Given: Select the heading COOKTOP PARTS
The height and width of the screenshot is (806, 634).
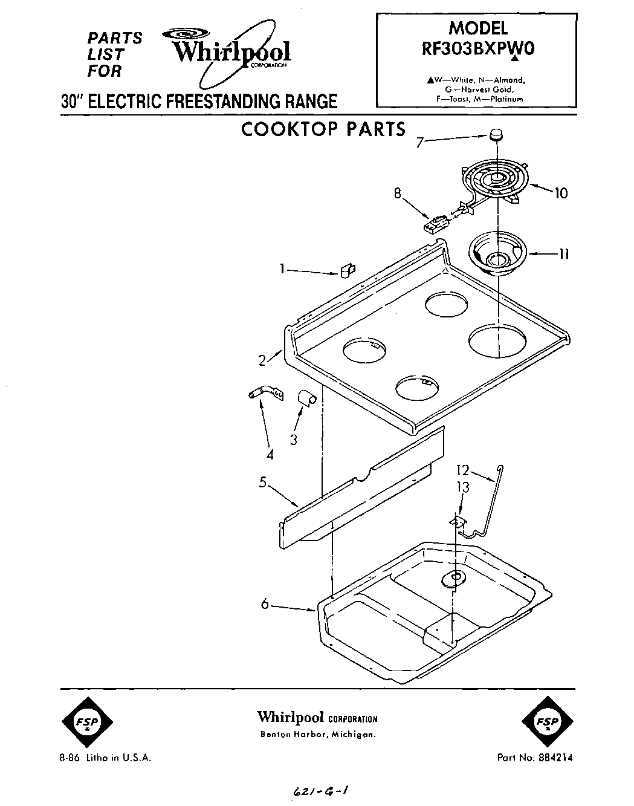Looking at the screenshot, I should [x=323, y=129].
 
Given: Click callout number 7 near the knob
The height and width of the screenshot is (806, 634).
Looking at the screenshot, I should [x=420, y=143].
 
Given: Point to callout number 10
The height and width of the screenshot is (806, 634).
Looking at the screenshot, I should [x=561, y=193].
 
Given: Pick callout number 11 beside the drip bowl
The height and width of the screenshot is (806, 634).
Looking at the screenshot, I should [x=563, y=254].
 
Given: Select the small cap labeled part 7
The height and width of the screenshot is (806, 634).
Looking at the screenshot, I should [x=496, y=134].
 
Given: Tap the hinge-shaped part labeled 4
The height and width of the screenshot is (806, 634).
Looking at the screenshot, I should [x=265, y=393].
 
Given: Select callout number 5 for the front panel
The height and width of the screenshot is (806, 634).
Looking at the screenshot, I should [x=263, y=483].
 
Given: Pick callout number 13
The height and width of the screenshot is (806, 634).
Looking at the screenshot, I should [x=462, y=488].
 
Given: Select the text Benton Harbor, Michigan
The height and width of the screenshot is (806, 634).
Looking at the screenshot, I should [x=317, y=735].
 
